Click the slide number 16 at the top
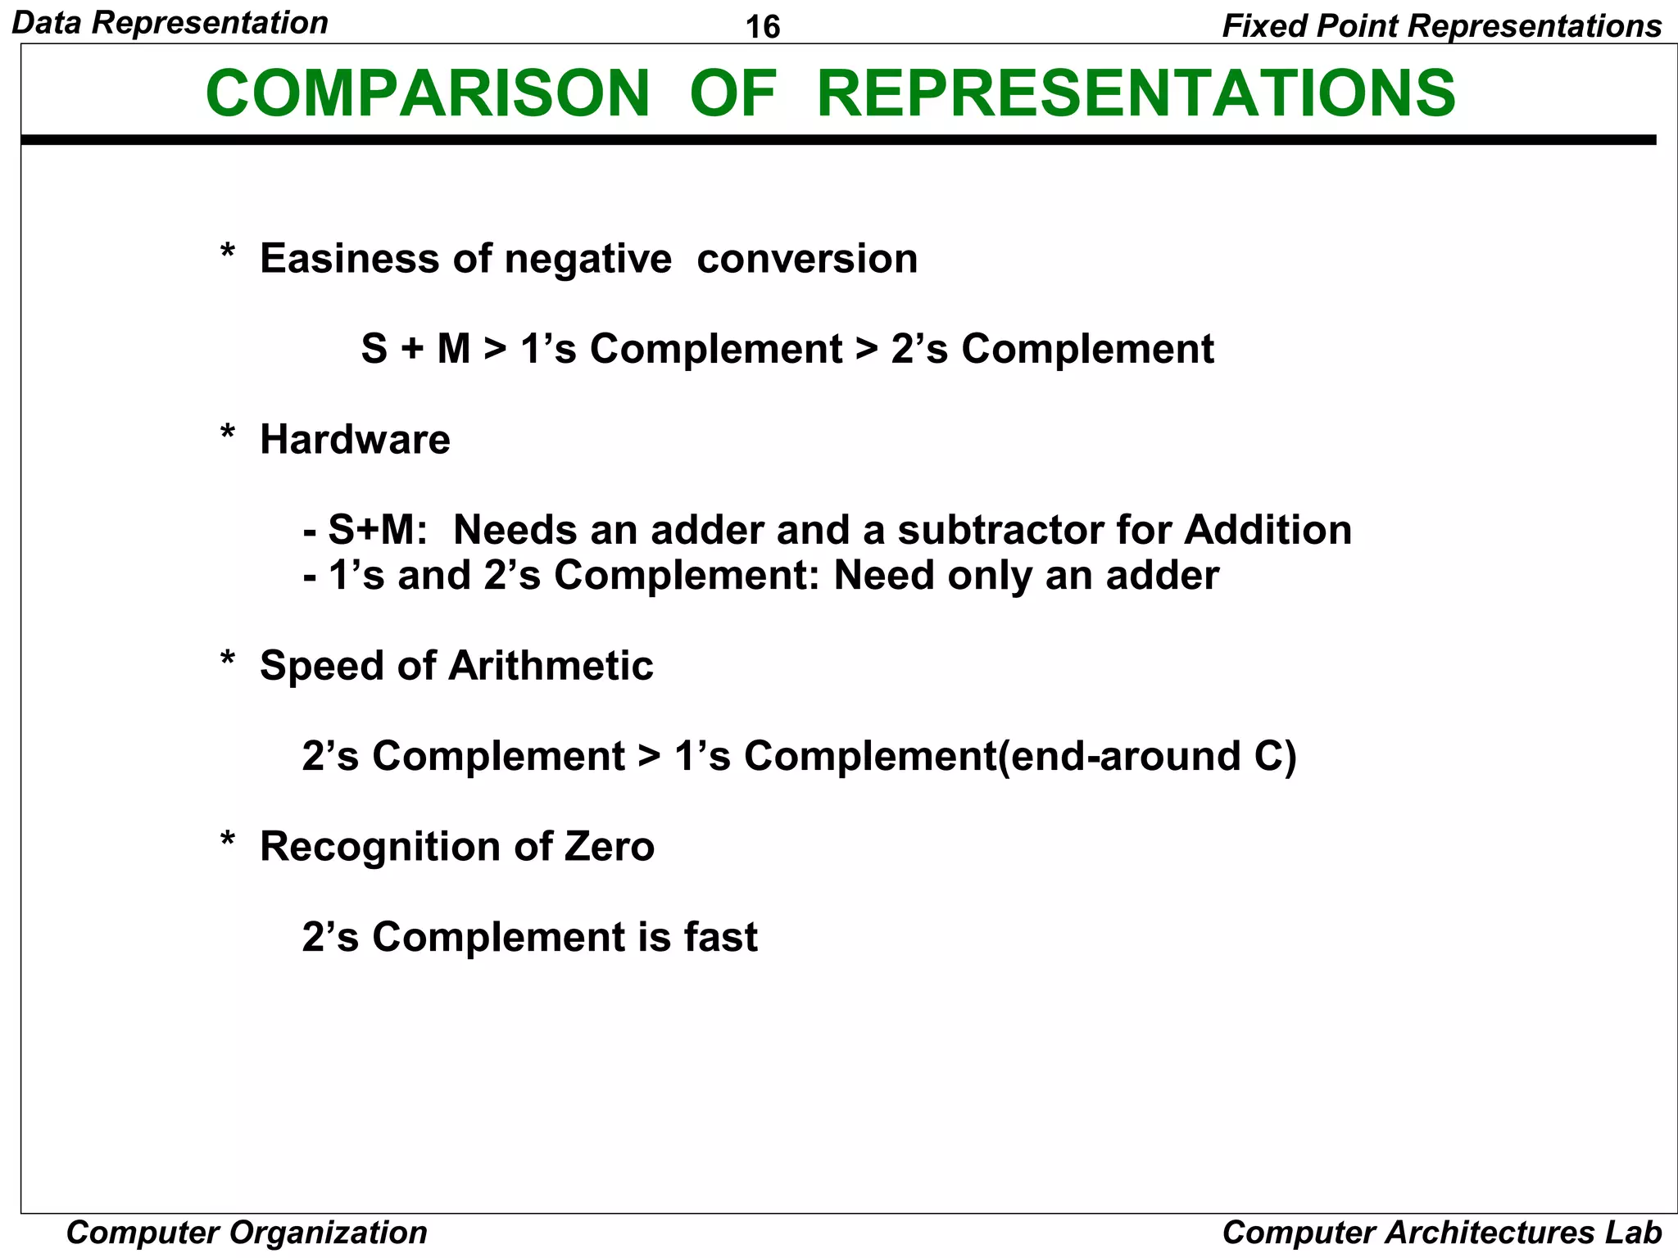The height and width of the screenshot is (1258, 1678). (763, 27)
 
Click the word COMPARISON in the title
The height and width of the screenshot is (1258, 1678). (428, 93)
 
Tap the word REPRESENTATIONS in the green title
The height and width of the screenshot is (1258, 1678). (1136, 93)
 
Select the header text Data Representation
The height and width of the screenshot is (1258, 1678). (170, 23)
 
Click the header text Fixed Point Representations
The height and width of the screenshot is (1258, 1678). (1441, 26)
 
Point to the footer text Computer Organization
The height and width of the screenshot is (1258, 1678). (247, 1232)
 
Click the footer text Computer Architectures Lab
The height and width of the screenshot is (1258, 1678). (1441, 1232)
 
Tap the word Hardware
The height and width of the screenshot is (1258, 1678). (355, 440)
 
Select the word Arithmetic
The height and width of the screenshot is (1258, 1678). (551, 665)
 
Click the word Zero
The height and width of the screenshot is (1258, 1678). (610, 846)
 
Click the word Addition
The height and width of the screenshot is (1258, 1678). (1268, 530)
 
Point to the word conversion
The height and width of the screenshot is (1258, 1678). (807, 259)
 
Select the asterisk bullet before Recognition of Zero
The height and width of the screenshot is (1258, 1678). (228, 842)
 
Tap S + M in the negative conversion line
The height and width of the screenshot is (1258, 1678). (415, 350)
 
